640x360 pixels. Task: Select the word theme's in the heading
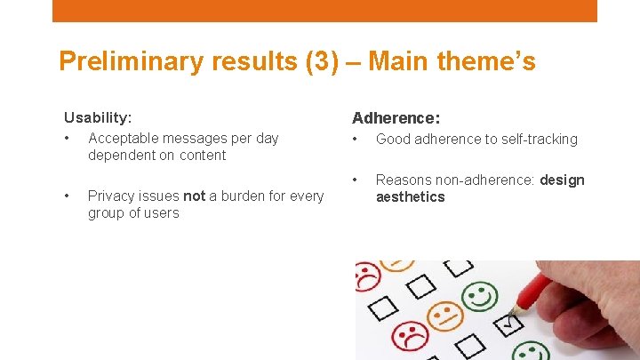click(488, 62)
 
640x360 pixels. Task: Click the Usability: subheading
click(98, 117)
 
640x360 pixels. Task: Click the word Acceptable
click(122, 138)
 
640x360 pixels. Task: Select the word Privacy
click(110, 196)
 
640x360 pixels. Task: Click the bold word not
click(194, 196)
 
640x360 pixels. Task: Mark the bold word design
click(562, 180)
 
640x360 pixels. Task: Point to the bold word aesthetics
click(410, 197)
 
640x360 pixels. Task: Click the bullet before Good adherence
click(356, 139)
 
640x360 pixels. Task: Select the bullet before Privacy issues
click(68, 196)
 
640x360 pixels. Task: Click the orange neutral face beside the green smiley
click(444, 315)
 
